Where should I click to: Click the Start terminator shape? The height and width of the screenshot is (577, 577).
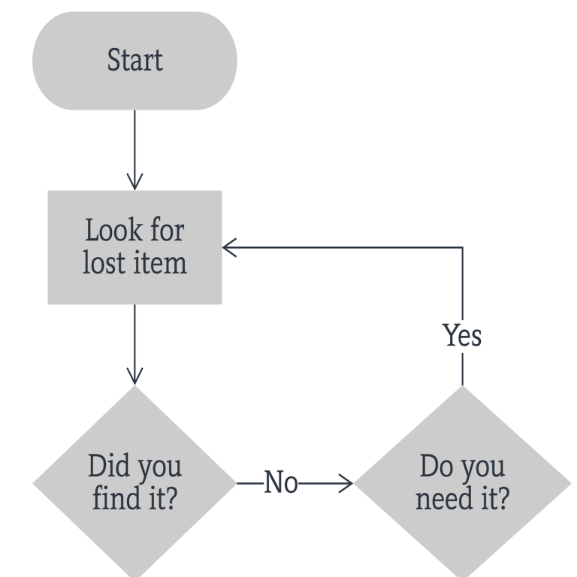coord(134,61)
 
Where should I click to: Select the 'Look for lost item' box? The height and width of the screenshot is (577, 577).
coord(134,247)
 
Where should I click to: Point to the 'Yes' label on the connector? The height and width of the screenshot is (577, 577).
coord(461,336)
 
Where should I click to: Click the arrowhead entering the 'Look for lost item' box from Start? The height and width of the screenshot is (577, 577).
coord(134,181)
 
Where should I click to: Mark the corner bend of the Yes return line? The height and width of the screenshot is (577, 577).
coord(461,247)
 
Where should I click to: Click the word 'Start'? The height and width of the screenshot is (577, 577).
coord(134,61)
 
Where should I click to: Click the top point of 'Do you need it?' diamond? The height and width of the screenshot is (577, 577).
coord(461,389)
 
